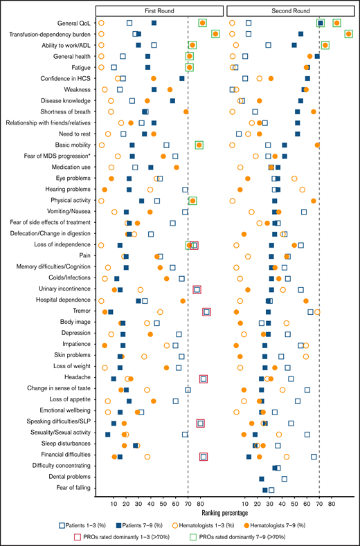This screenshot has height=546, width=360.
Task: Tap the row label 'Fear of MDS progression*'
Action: [x=55, y=156]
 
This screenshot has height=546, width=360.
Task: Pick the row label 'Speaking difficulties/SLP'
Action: [x=55, y=423]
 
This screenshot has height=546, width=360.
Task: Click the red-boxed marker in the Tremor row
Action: [x=206, y=312]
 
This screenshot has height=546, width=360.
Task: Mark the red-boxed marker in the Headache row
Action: [x=204, y=379]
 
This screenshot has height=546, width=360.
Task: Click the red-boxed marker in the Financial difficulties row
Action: [x=204, y=456]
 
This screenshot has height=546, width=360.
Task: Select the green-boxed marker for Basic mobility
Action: [x=199, y=145]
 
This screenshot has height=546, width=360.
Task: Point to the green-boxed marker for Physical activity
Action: [x=192, y=201]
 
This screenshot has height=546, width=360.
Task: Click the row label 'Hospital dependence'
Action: [x=62, y=301]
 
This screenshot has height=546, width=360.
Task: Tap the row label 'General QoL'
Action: [x=74, y=23]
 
